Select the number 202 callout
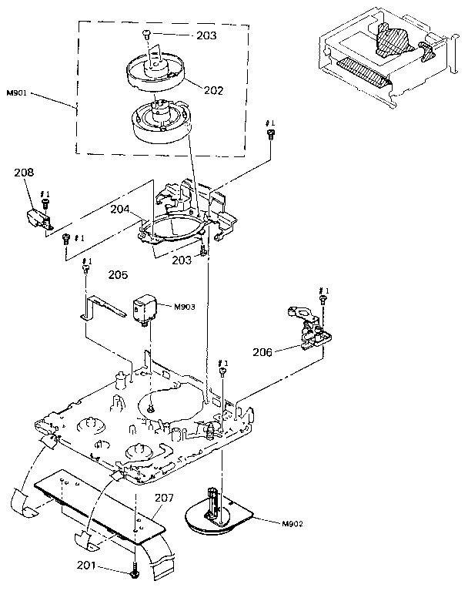213,90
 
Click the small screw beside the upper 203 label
146,33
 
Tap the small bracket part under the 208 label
39,220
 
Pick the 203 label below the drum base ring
181,260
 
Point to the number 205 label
118,274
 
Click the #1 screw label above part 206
323,291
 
